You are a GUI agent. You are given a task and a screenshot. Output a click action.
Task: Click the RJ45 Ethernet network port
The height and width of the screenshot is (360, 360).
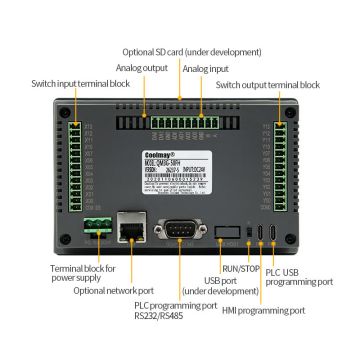(x=128, y=230)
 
